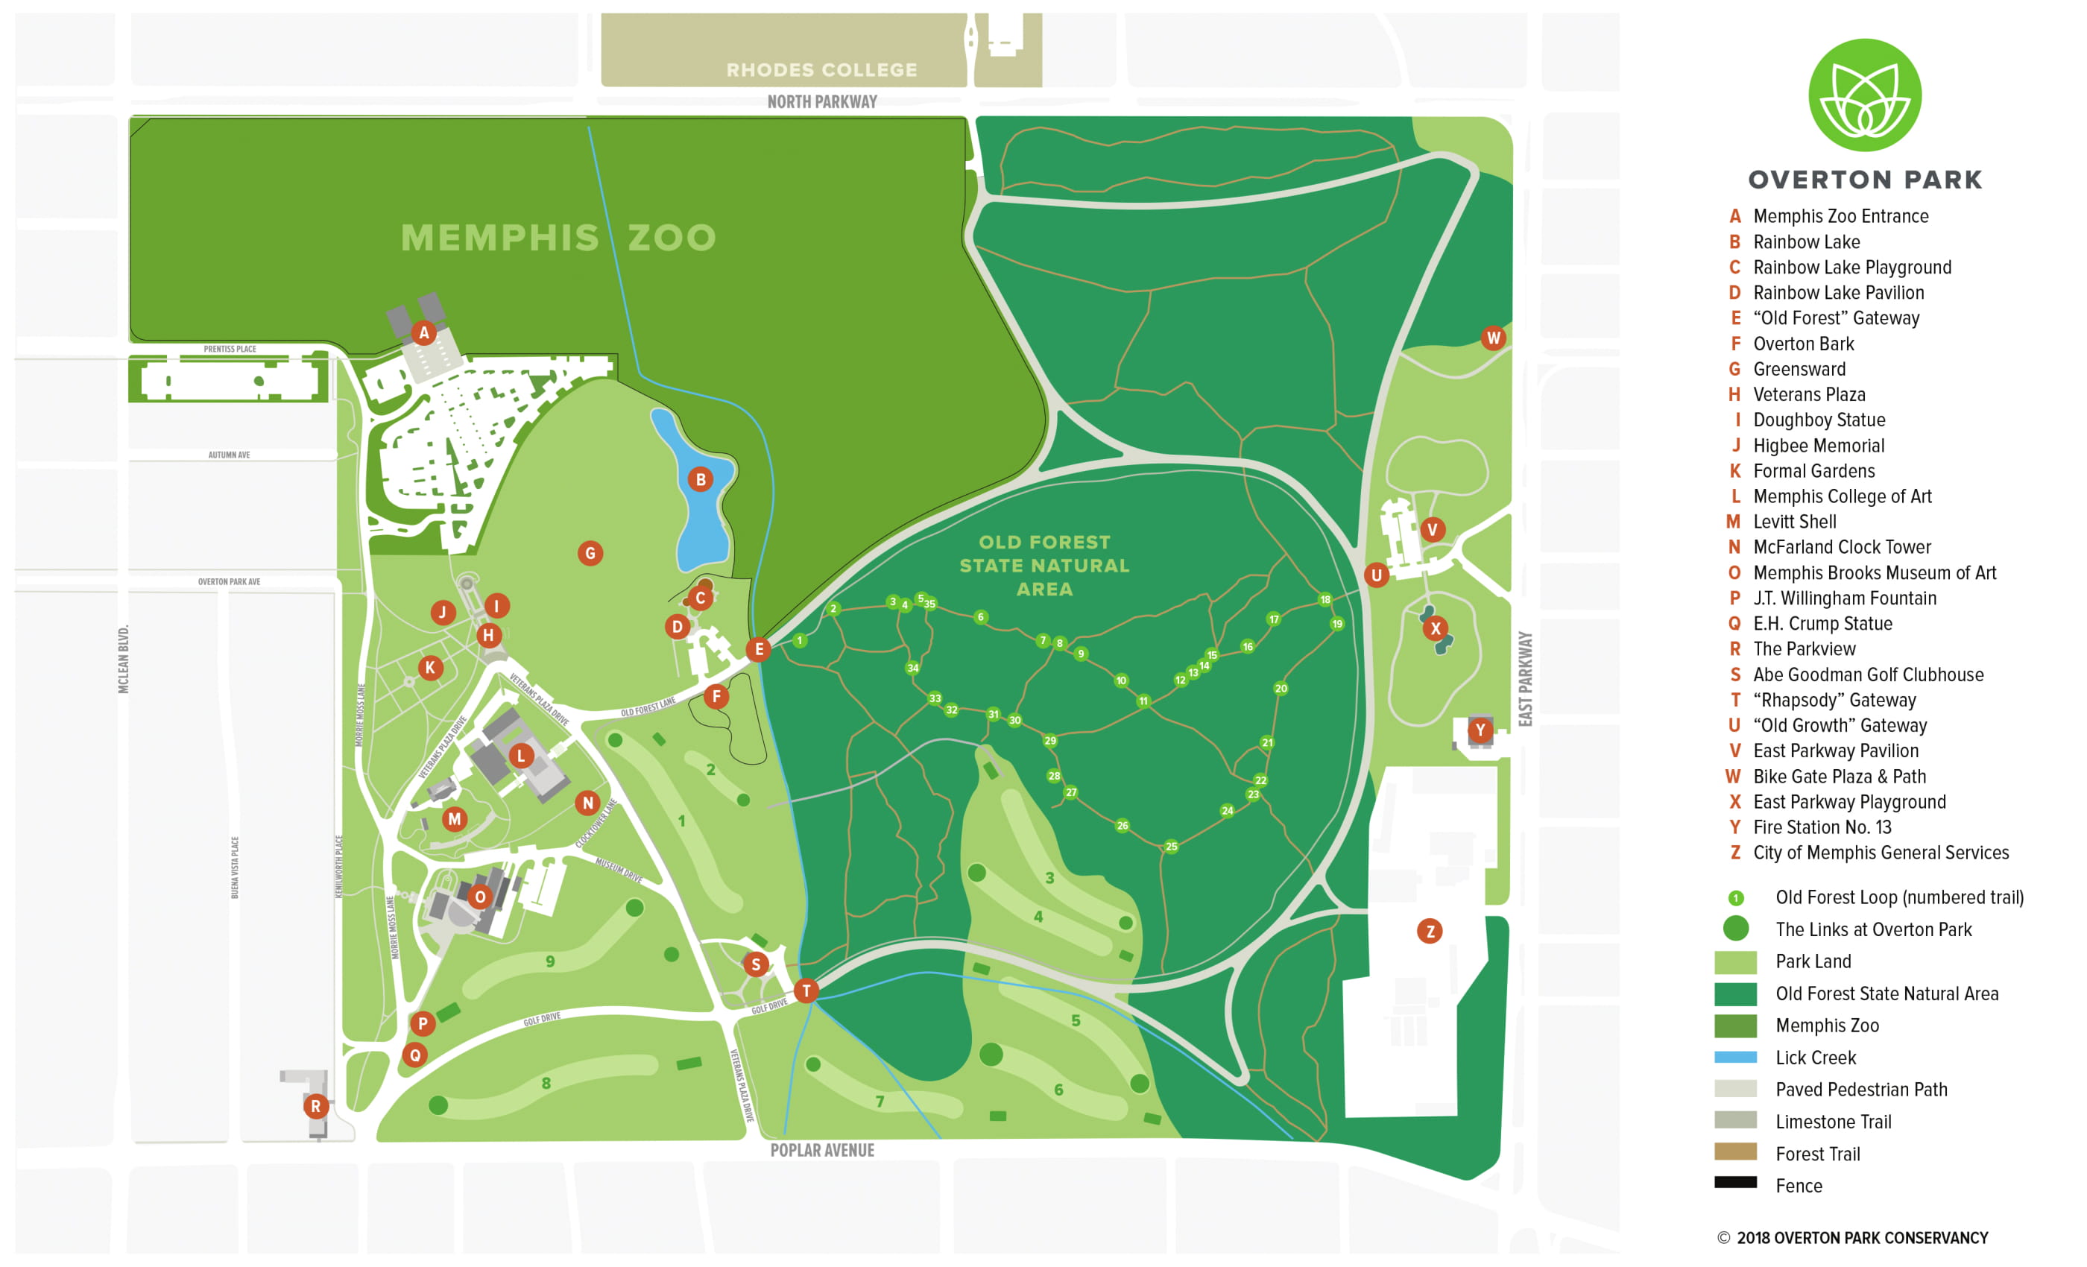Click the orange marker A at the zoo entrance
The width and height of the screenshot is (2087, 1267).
[x=424, y=333]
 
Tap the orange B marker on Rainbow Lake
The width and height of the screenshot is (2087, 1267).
[x=701, y=480]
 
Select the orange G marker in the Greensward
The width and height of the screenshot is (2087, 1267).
[x=590, y=554]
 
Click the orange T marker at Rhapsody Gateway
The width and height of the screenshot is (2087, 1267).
[x=806, y=991]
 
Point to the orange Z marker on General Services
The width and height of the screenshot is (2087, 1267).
[x=1430, y=932]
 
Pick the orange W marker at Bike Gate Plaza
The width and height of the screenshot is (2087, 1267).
[x=1493, y=338]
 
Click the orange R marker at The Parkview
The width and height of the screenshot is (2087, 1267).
[x=316, y=1106]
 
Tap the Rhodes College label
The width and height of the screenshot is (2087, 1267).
[x=821, y=69]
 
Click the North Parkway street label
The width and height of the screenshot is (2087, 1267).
[x=821, y=101]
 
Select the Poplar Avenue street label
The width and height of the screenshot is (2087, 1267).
[x=821, y=1150]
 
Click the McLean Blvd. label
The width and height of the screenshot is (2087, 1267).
[x=124, y=659]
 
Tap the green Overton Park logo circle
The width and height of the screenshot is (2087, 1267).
[x=1864, y=95]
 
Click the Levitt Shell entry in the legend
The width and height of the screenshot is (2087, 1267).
[x=1794, y=522]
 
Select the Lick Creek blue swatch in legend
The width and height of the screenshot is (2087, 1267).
[x=1735, y=1057]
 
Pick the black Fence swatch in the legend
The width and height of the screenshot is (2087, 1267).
[x=1735, y=1182]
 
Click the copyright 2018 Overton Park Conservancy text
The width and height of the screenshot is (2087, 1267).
[x=1852, y=1238]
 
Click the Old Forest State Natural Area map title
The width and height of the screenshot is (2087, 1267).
[x=1044, y=566]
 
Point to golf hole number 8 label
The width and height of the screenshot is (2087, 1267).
[x=546, y=1083]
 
